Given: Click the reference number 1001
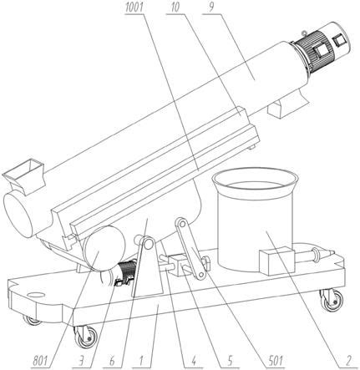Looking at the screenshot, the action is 134,8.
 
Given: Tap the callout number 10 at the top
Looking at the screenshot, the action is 175,8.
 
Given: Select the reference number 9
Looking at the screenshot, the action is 211,8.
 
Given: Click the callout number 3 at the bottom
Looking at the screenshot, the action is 81,362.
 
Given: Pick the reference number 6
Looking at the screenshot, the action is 112,362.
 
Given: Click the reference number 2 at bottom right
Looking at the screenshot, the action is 348,362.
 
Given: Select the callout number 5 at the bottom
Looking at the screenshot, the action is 230,362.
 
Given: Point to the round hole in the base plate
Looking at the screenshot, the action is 36,294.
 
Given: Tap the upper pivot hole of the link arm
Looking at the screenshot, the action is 182,224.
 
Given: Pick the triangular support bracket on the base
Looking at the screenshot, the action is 147,267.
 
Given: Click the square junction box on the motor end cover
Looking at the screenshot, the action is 340,40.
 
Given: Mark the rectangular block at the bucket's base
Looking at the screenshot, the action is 276,261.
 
